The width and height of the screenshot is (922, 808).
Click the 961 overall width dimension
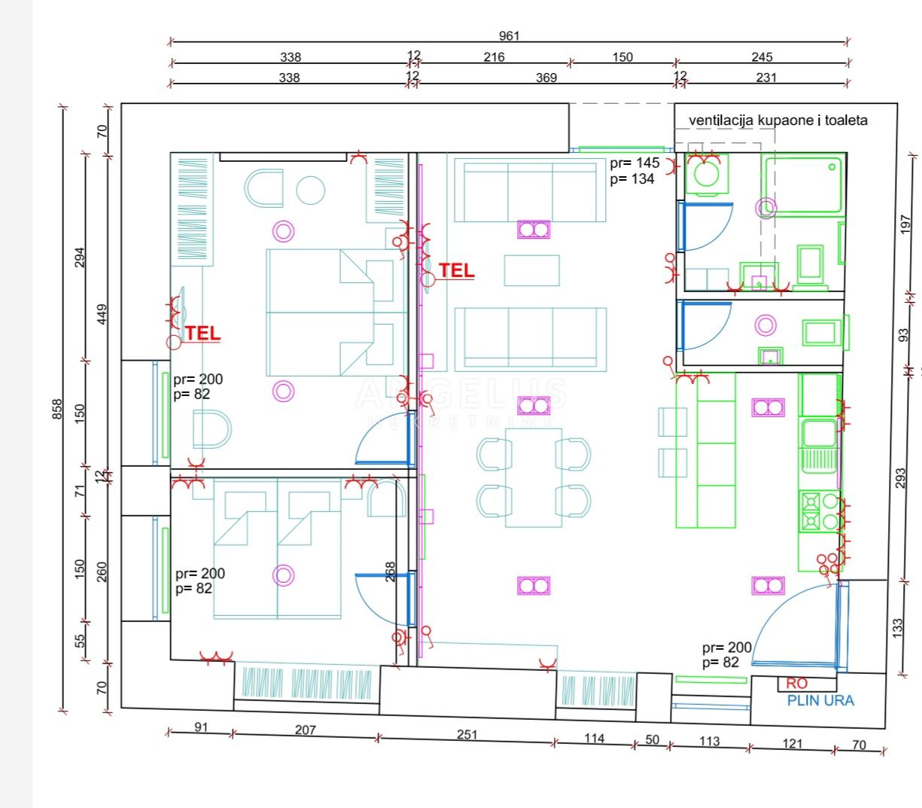tap(510, 36)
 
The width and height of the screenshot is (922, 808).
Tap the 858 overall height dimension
tap(57, 410)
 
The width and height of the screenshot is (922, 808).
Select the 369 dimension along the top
tap(546, 78)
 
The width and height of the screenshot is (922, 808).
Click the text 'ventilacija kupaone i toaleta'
tap(777, 120)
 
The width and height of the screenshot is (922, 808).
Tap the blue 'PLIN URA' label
tap(820, 700)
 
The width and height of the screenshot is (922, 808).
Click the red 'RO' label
tap(796, 684)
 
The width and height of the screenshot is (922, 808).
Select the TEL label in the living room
tap(457, 270)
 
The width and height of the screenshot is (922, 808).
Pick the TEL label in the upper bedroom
tap(202, 333)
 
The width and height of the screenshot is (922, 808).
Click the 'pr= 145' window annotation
tap(634, 163)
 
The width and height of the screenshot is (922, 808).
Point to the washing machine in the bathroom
tap(706, 174)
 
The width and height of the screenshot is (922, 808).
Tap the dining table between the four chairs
tap(534, 477)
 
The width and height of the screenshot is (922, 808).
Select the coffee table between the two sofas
tap(532, 270)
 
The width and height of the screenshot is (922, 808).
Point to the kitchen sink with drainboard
tap(819, 446)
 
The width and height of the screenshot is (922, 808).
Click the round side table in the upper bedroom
tap(311, 191)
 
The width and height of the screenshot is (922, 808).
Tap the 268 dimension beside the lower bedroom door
tap(390, 572)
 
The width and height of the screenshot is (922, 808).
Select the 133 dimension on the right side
tap(898, 628)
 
